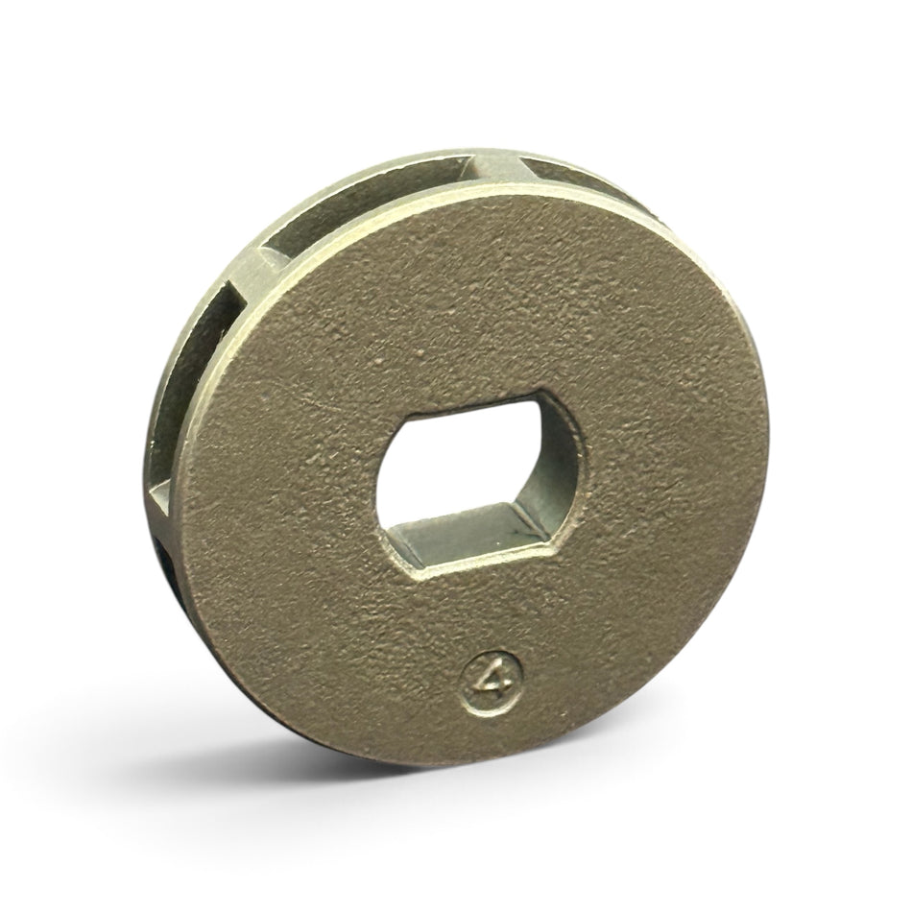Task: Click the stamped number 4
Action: [492, 680]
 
